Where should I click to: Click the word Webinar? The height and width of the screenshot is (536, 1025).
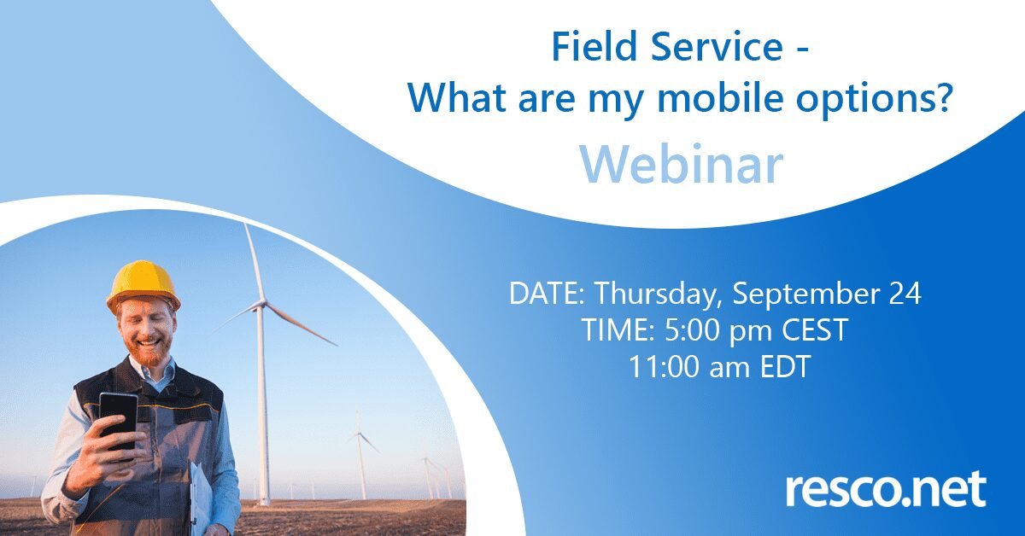click(682, 165)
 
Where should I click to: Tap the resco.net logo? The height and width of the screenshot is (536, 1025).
click(886, 489)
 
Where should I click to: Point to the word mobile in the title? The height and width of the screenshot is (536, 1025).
click(720, 98)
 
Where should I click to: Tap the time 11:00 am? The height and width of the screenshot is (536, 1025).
click(689, 366)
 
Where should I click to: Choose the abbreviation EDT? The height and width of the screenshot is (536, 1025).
click(785, 366)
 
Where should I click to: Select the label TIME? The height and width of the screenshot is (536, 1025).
click(618, 329)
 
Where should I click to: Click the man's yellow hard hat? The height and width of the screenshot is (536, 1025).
click(143, 286)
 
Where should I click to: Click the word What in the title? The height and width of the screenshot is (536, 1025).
click(457, 98)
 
